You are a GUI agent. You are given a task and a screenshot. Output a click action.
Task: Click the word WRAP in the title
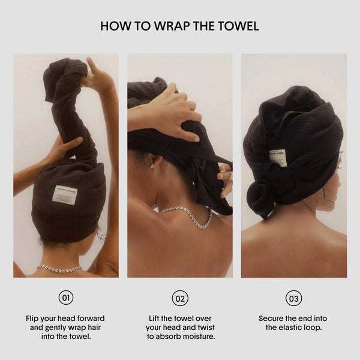click(172, 26)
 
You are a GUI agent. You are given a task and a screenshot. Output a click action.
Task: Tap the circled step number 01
click(66, 298)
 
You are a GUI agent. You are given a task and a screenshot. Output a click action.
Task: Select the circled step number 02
click(180, 298)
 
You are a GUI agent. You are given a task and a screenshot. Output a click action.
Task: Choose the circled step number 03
click(293, 298)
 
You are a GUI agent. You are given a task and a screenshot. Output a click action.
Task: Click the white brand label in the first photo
click(65, 195)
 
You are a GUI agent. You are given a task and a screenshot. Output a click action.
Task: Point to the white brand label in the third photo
click(278, 157)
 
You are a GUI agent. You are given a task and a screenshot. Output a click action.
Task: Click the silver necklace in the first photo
click(59, 269)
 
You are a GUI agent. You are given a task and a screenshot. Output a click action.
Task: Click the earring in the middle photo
click(152, 166)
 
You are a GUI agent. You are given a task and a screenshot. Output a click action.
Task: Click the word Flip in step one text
click(32, 319)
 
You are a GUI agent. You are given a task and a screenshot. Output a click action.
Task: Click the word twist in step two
click(206, 328)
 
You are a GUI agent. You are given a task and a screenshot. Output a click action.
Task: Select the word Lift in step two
click(154, 319)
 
